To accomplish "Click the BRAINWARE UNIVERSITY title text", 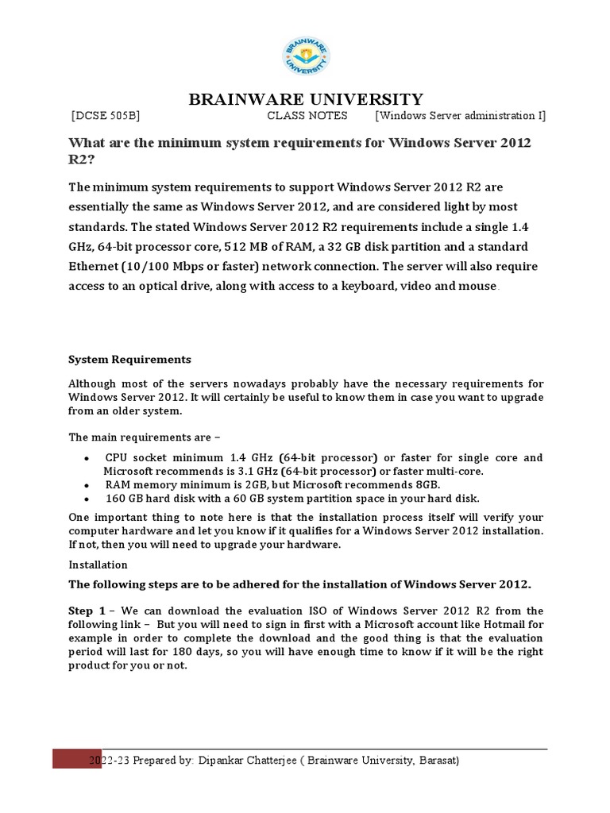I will click(x=305, y=99).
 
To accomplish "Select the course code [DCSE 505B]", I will click(x=106, y=116).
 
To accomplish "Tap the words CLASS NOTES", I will click(x=307, y=116).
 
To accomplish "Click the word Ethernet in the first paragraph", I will click(x=95, y=266).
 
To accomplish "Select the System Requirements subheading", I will click(x=129, y=359).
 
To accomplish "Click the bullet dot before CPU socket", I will click(x=86, y=458).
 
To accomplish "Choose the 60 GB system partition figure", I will click(x=292, y=499).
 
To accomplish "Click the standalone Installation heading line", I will click(x=98, y=564).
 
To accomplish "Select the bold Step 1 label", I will click(x=87, y=611).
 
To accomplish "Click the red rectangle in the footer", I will click(x=77, y=758).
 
